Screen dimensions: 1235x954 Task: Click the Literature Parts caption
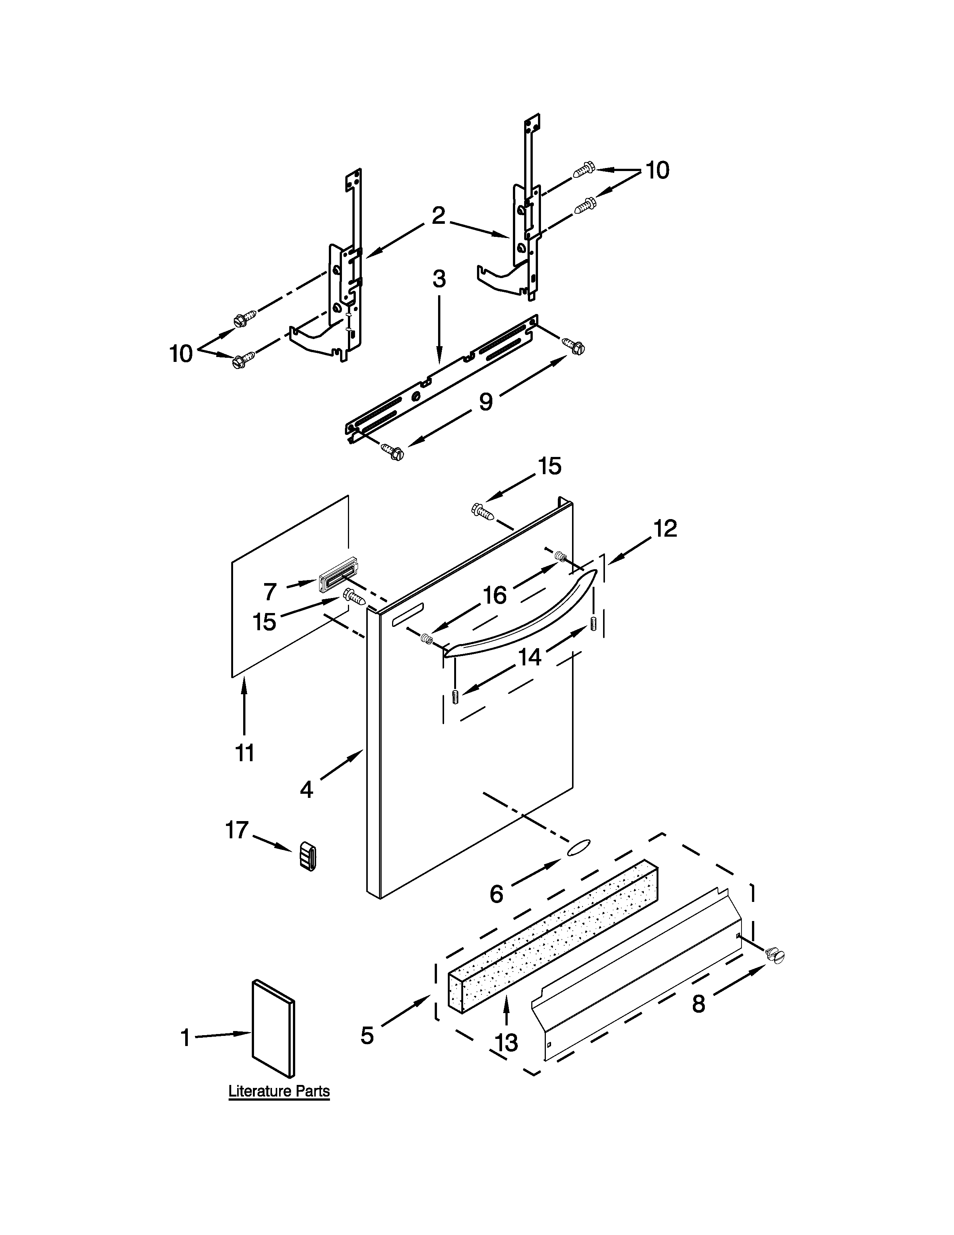click(279, 1091)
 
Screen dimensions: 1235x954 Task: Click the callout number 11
click(245, 753)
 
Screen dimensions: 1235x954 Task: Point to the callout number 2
click(438, 216)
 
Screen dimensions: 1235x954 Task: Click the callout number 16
click(495, 595)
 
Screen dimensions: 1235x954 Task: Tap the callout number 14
click(529, 656)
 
